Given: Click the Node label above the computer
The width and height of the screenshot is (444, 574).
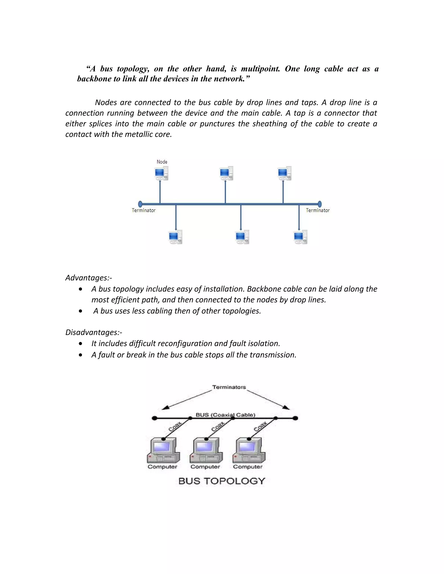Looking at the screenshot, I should pos(162,162).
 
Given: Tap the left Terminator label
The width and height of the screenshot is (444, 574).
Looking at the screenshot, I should pos(144,210).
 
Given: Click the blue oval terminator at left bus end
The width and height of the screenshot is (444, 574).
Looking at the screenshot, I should pos(140,204).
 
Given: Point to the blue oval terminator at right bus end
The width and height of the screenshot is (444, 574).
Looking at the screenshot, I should pos(320,204).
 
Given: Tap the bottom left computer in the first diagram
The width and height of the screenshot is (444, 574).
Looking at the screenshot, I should pos(175,237).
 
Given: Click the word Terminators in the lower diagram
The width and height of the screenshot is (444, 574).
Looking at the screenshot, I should pos(229,387).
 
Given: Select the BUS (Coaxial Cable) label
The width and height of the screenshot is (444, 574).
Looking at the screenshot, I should pos(225,415).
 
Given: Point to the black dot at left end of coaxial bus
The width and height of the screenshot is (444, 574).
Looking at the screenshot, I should pos(155,418).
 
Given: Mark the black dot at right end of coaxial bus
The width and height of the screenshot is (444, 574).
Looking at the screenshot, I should pos(295,418).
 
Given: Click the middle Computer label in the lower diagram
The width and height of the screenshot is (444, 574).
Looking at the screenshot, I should pos(205,467).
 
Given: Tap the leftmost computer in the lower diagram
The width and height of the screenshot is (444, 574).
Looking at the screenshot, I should pos(163,451).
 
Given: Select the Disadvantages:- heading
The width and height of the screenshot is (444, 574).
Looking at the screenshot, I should pos(94,332).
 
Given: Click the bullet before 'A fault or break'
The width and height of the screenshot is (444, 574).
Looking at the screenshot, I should pos(80,355).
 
